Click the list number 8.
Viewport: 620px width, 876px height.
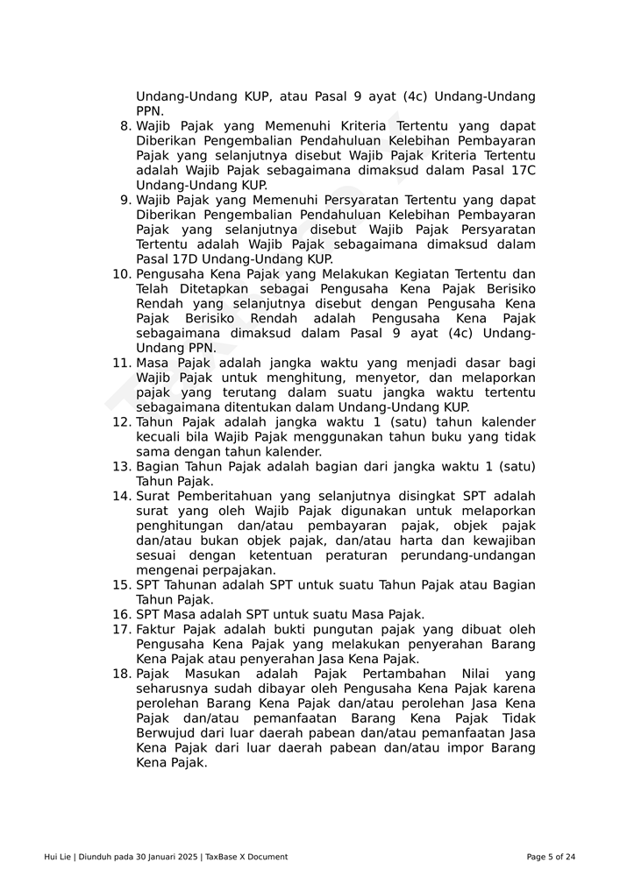pos(125,126)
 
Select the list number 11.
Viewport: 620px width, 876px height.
pos(122,363)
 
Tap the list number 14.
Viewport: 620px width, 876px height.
pos(122,496)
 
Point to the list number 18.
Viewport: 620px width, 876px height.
pos(122,674)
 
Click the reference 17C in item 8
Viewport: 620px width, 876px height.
pos(522,170)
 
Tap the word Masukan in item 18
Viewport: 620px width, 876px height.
pos(208,674)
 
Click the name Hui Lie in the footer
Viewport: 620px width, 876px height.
pos(58,857)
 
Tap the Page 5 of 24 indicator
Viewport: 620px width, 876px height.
pos(551,857)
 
